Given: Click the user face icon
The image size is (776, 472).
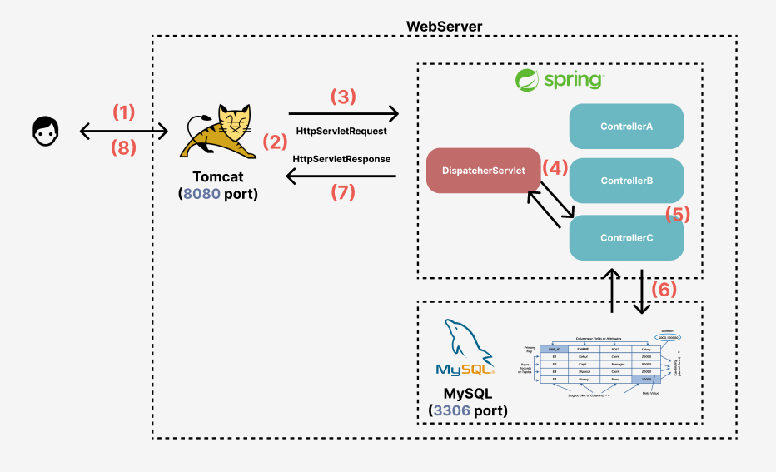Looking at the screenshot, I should point(47,131).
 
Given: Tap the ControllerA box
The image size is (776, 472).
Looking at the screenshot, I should point(626,127).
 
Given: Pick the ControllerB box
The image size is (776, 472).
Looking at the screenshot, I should point(626,181).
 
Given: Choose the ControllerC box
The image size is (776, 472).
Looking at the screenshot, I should point(626,237).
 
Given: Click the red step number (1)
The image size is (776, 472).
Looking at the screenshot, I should point(123,112).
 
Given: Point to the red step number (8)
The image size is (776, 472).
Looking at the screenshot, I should point(123,148).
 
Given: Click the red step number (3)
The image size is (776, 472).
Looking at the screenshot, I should point(343,96).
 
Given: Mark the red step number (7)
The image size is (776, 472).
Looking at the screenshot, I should point(343,192).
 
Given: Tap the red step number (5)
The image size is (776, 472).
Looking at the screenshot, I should point(678,213).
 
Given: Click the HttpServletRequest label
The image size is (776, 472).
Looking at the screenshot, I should point(343,131).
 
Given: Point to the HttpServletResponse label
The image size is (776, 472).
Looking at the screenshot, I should point(342,158).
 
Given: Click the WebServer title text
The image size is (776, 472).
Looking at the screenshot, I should point(444,26).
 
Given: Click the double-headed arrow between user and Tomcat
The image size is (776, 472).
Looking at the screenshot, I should point(123,131).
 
